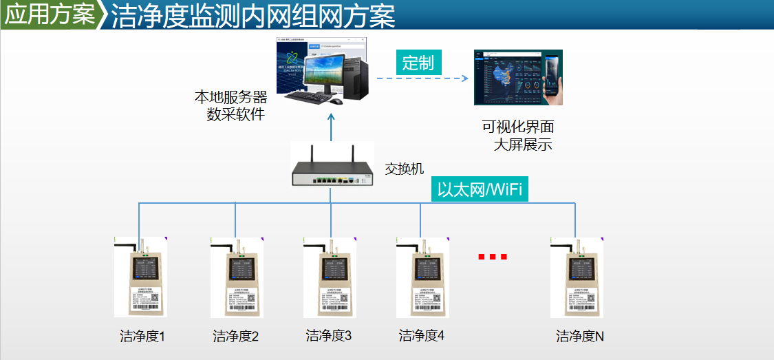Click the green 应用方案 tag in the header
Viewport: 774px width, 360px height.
[x=50, y=15]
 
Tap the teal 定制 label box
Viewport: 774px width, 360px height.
[x=418, y=63]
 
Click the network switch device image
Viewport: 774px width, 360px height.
[x=332, y=169]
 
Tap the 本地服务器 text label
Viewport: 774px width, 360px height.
[x=230, y=97]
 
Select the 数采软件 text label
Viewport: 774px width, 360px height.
[x=236, y=114]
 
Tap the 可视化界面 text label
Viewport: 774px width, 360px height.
[x=518, y=127]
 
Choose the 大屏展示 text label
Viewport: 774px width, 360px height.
[x=523, y=145]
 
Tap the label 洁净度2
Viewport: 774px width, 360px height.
[x=236, y=337]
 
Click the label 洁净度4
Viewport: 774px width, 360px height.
[x=422, y=336]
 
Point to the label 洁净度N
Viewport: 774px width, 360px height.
[x=580, y=337]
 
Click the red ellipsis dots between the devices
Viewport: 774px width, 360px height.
[x=493, y=257]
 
